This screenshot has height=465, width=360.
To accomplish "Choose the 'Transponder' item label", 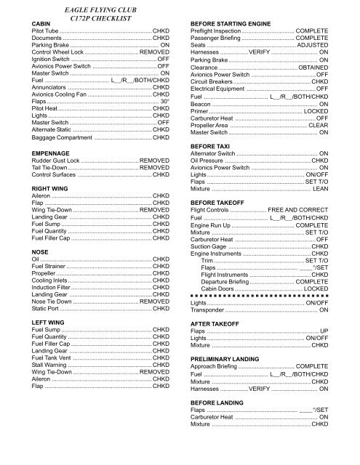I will [209, 331].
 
